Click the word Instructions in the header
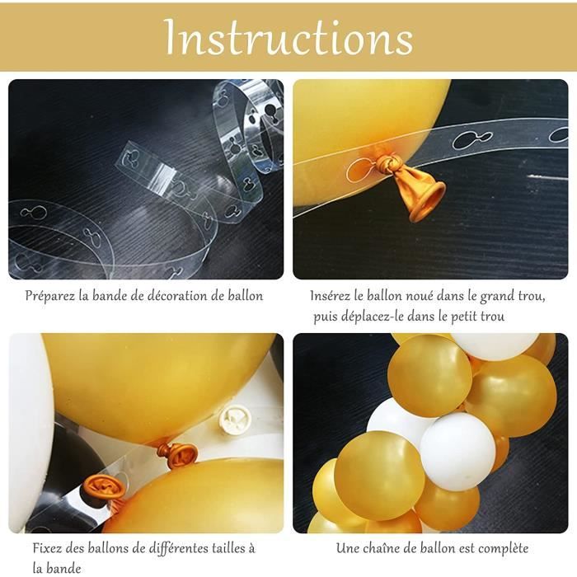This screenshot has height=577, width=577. tap(289, 37)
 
